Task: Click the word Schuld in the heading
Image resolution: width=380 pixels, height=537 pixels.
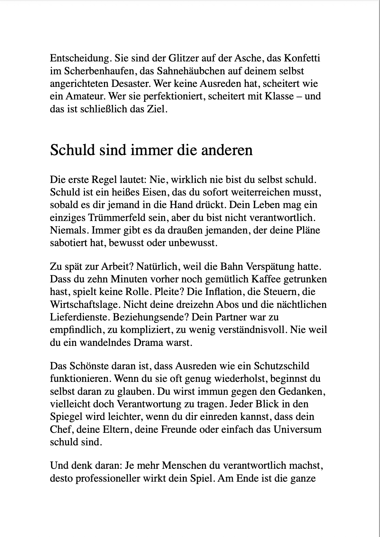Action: point(72,150)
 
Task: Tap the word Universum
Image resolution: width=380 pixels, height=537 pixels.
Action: point(297,429)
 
